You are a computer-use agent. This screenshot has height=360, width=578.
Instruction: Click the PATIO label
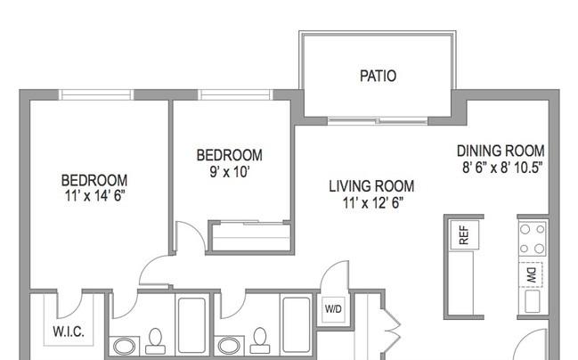[378, 76]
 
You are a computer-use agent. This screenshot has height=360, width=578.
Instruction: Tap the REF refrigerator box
[465, 235]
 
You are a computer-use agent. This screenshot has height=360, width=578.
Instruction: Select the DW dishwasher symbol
[531, 274]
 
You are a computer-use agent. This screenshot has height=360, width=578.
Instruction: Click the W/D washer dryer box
[333, 309]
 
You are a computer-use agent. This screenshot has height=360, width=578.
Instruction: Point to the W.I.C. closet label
[69, 331]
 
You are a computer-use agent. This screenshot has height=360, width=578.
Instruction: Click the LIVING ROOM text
[371, 186]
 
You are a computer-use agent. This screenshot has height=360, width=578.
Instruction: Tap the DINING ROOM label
[501, 151]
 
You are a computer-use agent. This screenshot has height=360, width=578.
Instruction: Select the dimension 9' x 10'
[230, 172]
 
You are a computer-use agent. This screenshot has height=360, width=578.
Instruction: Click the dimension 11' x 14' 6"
[94, 196]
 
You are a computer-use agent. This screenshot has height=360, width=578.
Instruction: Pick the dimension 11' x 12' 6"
[372, 203]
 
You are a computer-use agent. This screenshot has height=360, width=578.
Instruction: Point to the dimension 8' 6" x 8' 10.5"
[502, 168]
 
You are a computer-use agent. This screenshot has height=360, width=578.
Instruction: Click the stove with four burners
[533, 240]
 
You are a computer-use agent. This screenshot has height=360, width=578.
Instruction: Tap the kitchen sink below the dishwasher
[533, 301]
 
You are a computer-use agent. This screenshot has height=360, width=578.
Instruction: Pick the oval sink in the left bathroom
[124, 347]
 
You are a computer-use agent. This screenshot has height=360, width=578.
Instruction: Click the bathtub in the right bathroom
[297, 324]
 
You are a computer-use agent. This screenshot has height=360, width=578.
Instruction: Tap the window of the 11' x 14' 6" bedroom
[96, 94]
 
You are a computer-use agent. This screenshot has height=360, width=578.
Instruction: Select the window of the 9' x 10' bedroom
[235, 94]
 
